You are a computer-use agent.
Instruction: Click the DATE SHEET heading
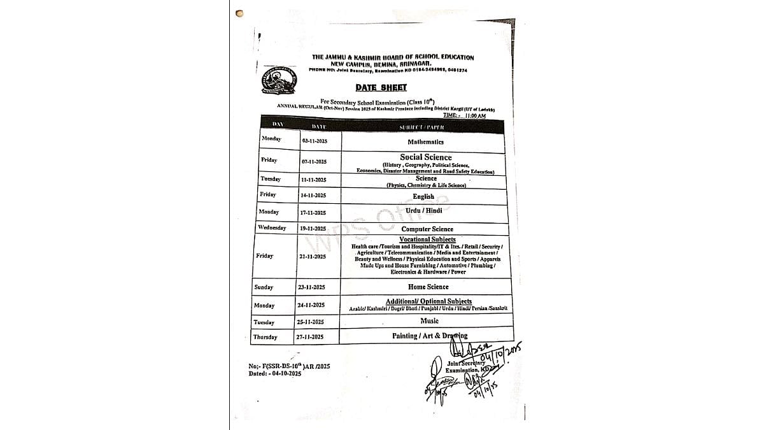click(x=381, y=88)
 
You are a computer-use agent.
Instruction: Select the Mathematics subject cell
click(x=425, y=142)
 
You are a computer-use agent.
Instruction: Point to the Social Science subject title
click(x=425, y=157)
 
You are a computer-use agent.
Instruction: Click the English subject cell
click(x=423, y=197)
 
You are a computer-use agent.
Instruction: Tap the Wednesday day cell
click(x=272, y=227)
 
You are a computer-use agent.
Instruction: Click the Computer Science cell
click(x=427, y=229)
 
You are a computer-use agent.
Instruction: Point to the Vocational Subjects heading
click(x=427, y=240)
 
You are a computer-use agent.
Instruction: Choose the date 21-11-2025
click(x=313, y=256)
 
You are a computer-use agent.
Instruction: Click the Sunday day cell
click(x=264, y=287)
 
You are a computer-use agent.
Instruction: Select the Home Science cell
click(x=428, y=287)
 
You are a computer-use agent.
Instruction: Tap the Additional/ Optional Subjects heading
click(x=428, y=301)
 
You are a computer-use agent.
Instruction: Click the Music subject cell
click(x=429, y=321)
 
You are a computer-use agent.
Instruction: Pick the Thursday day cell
click(x=265, y=337)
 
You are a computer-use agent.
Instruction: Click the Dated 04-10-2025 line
click(x=275, y=374)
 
